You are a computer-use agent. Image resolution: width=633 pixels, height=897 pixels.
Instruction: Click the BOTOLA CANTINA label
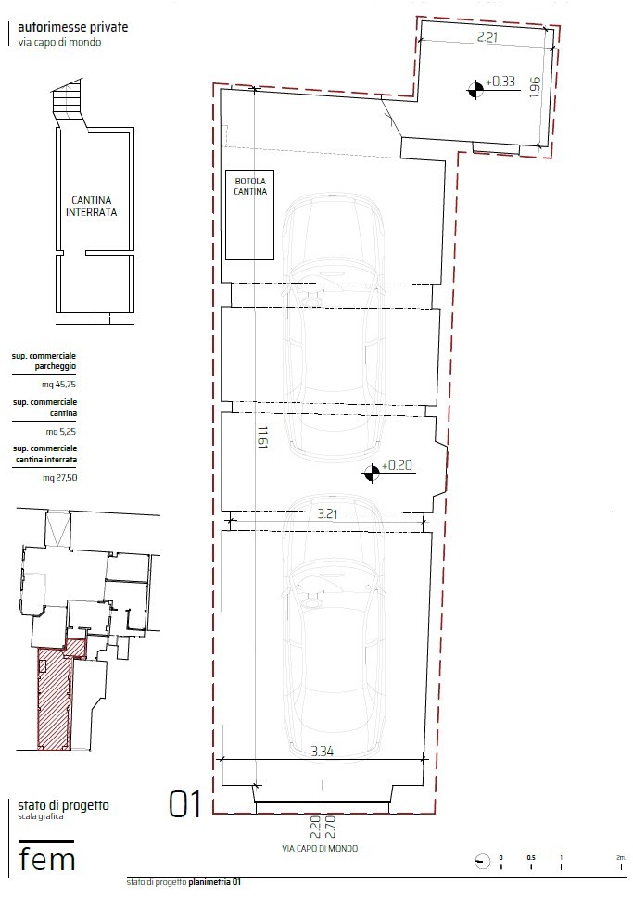[x=250, y=186]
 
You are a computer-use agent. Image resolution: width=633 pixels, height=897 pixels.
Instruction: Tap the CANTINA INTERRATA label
[x=91, y=206]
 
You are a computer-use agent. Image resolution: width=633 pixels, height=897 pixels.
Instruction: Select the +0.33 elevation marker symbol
[x=475, y=88]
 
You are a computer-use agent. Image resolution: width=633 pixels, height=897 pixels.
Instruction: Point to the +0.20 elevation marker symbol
[x=372, y=474]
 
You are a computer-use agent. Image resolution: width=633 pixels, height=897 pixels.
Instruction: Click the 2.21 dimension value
[x=487, y=38]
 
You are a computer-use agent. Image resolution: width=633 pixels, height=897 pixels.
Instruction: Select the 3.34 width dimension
[x=322, y=751]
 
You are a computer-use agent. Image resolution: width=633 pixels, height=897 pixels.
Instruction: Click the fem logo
[x=47, y=858]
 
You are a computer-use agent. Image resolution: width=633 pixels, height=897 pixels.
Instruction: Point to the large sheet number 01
[x=185, y=804]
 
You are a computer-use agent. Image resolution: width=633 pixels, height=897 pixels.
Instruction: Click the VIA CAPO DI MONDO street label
[x=320, y=848]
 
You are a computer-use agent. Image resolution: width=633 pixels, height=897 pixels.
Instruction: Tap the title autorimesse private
[x=73, y=28]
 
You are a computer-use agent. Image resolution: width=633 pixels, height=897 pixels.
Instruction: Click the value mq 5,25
[x=57, y=431]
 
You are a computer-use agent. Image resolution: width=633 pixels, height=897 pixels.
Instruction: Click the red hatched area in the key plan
[x=54, y=700]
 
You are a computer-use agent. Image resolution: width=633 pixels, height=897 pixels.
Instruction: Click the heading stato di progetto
[x=63, y=805]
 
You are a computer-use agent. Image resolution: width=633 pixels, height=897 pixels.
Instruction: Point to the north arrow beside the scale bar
[x=478, y=861]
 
